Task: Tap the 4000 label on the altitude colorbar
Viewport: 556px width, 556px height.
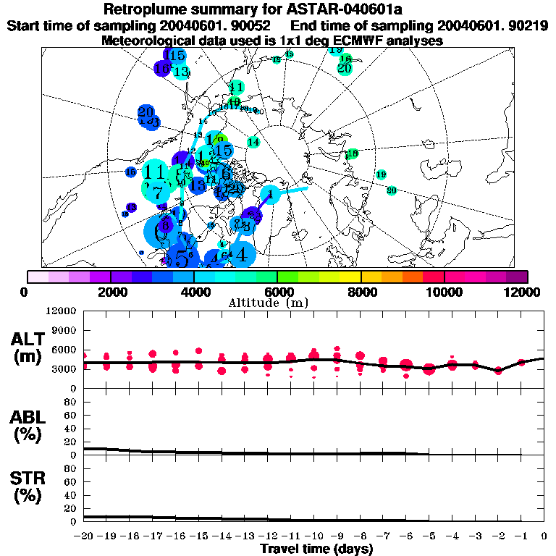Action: [x=193, y=291]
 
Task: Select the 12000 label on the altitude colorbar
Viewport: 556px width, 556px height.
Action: [x=523, y=291]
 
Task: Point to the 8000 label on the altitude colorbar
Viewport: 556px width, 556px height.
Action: [x=361, y=291]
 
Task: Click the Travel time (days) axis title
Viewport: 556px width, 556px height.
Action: [x=316, y=549]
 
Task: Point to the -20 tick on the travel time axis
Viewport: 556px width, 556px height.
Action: [x=85, y=536]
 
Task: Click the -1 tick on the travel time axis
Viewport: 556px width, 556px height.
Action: [x=521, y=536]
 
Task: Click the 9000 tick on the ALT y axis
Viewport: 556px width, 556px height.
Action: [x=64, y=330]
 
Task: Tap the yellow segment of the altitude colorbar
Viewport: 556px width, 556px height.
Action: [x=350, y=277]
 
